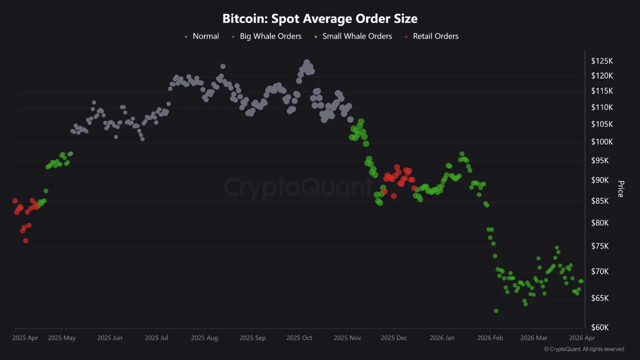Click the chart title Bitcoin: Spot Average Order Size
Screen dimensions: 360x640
point(320,19)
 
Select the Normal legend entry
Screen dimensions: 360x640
point(205,36)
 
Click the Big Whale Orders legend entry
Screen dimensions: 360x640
point(270,36)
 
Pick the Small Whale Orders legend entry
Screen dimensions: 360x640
point(357,36)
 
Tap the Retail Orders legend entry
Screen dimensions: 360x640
point(435,36)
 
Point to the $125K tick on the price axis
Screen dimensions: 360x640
point(602,61)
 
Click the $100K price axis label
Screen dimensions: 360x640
point(602,142)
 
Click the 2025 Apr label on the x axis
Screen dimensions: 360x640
point(25,338)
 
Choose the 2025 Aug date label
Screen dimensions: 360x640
point(204,338)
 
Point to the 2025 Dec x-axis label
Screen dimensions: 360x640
point(394,338)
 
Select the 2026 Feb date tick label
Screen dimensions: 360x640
point(490,338)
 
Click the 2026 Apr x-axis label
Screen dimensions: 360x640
point(581,338)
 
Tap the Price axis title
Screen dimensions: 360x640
point(620,189)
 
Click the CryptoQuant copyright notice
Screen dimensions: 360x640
point(583,349)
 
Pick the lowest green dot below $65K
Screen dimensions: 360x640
point(496,311)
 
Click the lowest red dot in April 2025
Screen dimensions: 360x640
point(25,240)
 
